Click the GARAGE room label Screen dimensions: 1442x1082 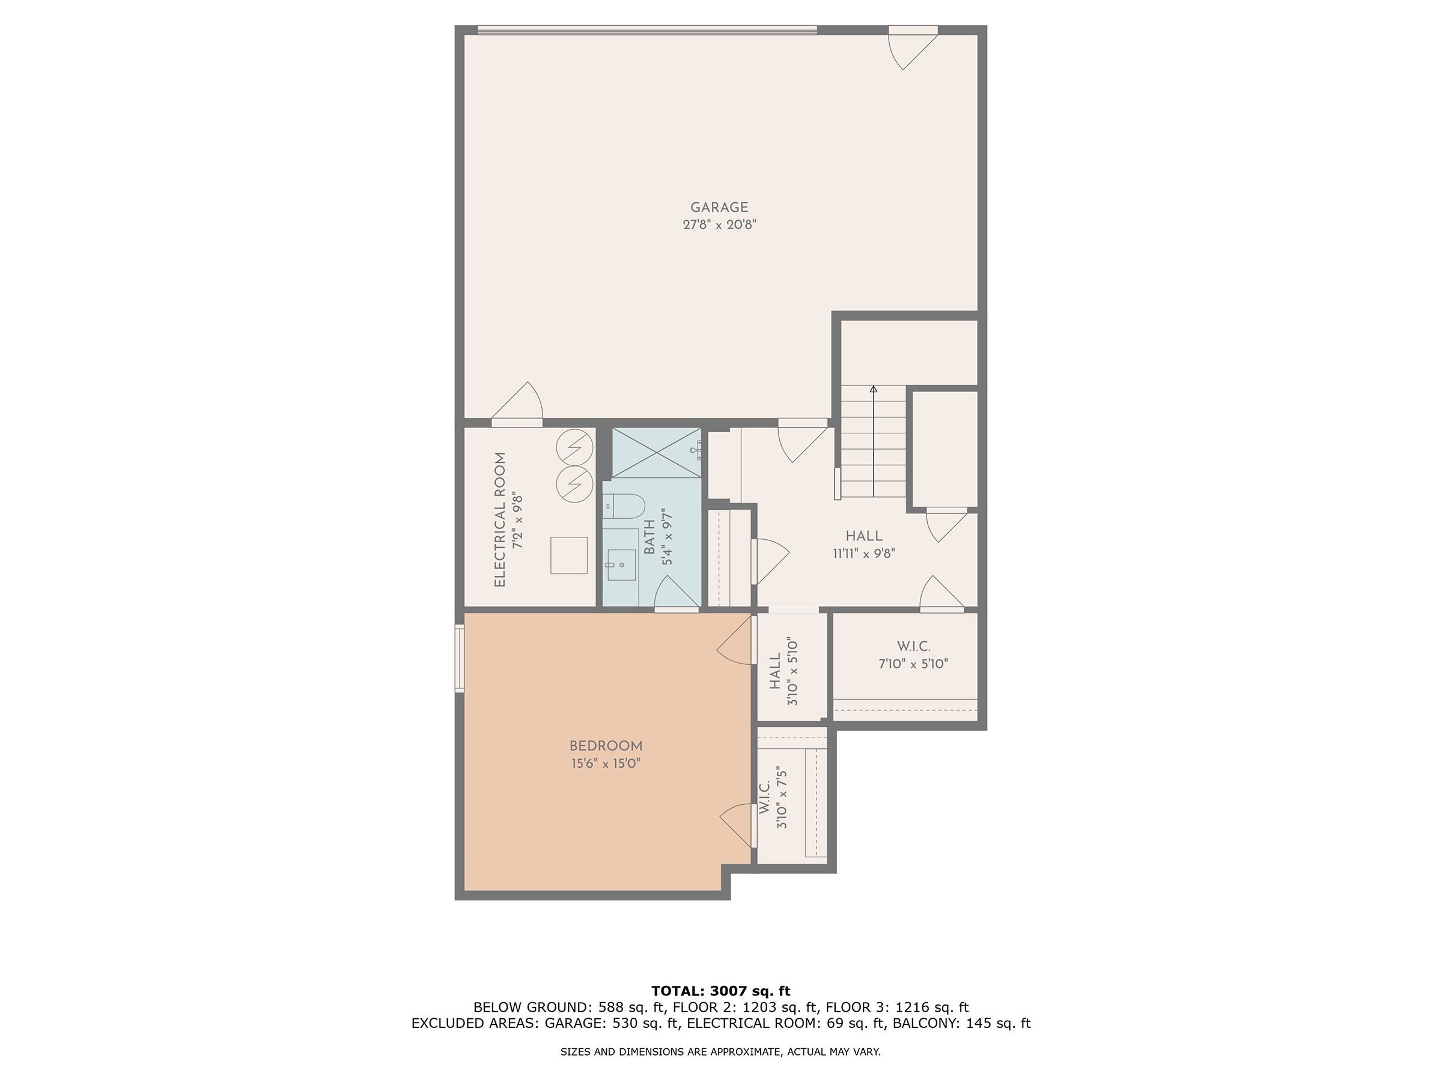pos(719,207)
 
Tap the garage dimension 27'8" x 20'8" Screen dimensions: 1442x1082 pos(719,225)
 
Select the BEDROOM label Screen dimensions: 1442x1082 pos(606,746)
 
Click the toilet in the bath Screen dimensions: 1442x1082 pos(624,506)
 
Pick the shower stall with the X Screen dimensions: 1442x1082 pos(657,453)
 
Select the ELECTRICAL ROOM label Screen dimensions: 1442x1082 pos(500,520)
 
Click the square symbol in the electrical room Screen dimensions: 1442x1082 pos(569,555)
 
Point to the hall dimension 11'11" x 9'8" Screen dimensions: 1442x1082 pos(864,554)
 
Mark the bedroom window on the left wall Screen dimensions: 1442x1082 pos(459,658)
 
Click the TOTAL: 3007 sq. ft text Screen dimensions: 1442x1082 pos(721,991)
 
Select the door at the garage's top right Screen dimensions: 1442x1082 pos(913,48)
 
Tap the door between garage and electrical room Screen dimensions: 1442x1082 pos(517,405)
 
